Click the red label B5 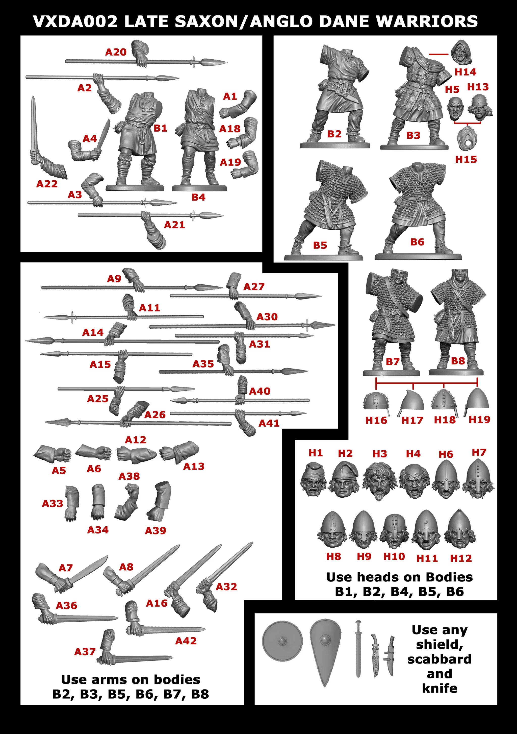[320, 245]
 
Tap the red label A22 [47, 184]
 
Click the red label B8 [458, 361]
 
